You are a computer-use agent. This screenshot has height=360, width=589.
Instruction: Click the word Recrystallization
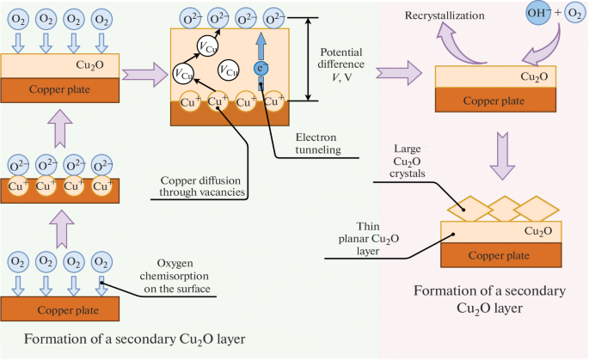pos(445,15)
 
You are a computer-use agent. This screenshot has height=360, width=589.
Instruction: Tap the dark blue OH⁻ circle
pos(538,13)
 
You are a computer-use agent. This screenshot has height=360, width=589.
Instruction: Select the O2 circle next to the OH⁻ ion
pos(575,13)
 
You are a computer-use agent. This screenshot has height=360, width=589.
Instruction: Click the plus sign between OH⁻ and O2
pos(558,13)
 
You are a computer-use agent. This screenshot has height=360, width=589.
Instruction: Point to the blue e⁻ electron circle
pos(261,69)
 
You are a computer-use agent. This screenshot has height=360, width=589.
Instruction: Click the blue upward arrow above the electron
pos(261,46)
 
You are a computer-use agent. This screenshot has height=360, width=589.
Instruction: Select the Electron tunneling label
pos(317,143)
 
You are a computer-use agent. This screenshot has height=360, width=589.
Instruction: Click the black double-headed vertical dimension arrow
pos(308,59)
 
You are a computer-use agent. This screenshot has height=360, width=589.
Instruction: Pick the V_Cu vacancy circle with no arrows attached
pos(229,70)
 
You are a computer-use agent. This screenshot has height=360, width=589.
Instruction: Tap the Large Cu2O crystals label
pos(408,161)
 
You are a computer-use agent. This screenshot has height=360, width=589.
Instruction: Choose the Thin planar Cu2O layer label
pos(368,239)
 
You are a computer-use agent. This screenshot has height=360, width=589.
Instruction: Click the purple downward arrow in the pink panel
pos(502,156)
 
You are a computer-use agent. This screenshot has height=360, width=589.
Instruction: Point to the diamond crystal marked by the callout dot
pos(469,209)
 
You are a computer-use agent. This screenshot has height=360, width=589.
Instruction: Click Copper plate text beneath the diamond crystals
pos(499,256)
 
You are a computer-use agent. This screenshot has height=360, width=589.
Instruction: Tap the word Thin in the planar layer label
pos(368,226)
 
